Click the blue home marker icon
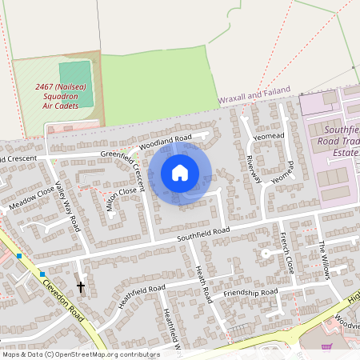180,173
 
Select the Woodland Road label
166,141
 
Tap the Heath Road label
202,285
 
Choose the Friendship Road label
250,293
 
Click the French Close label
286,253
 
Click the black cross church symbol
81,286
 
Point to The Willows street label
324,260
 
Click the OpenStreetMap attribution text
80,354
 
